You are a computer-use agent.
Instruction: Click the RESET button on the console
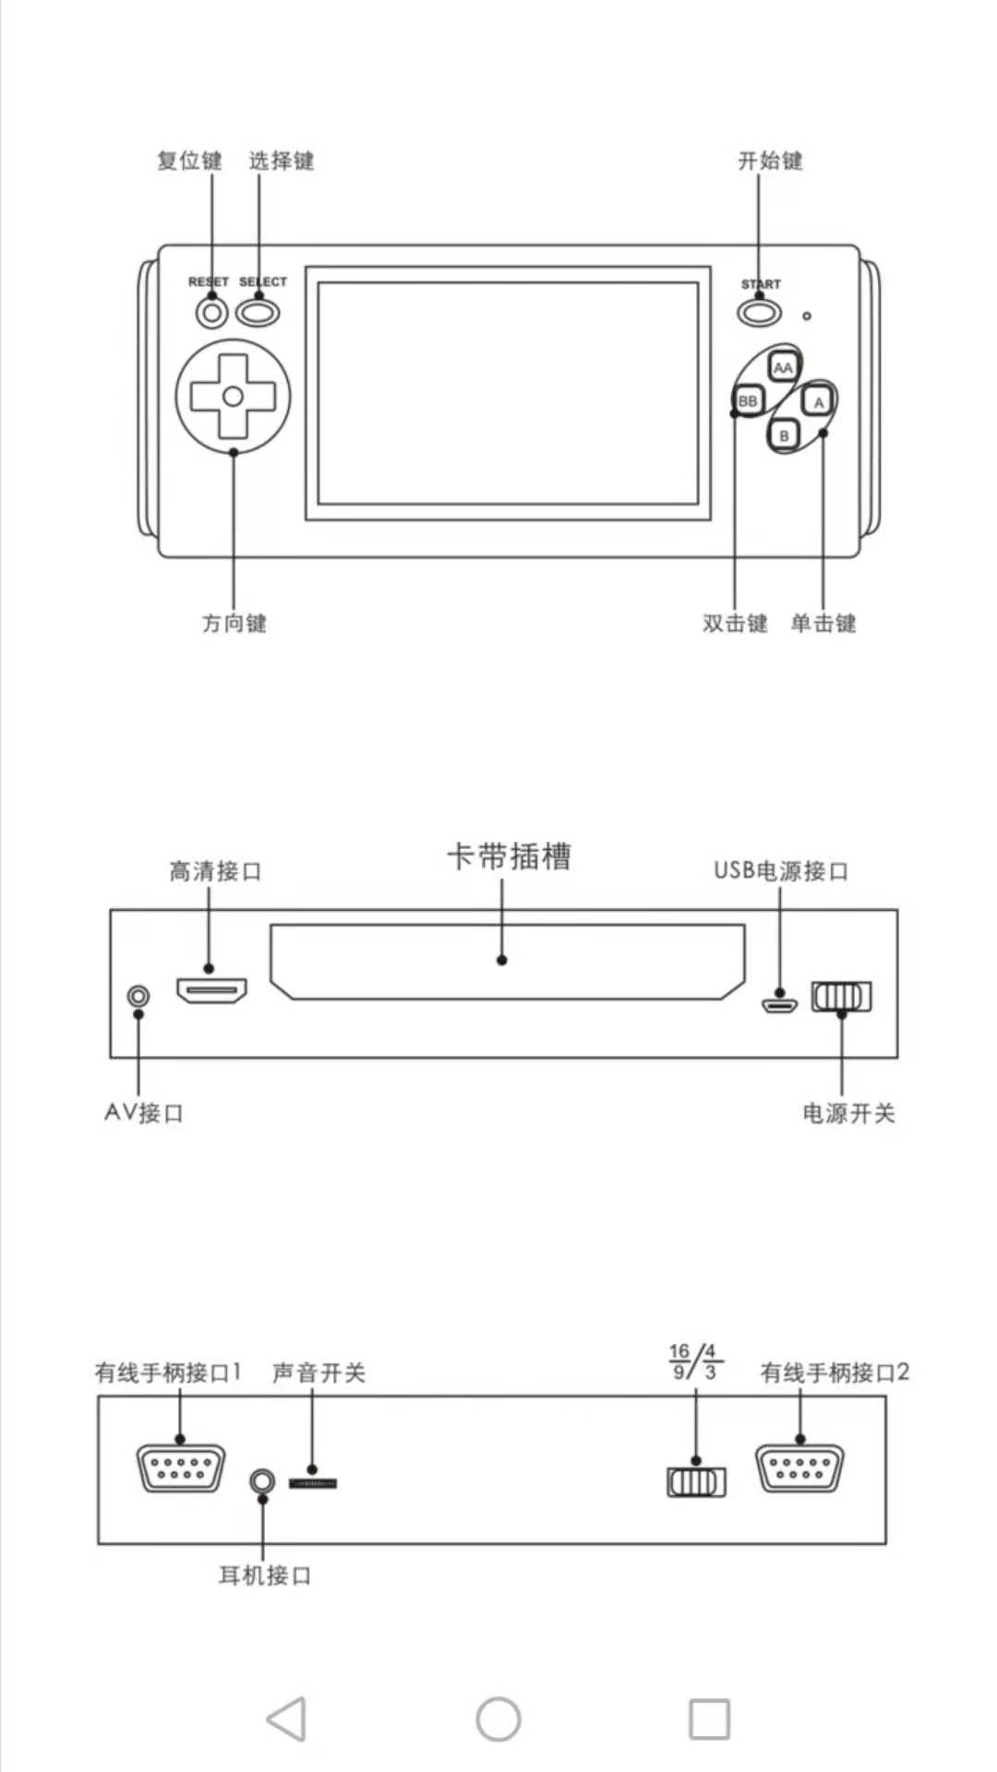click(212, 313)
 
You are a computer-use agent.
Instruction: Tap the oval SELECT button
click(258, 312)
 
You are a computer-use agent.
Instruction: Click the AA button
click(783, 367)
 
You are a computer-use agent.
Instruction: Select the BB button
click(748, 401)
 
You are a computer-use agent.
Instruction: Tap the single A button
click(818, 402)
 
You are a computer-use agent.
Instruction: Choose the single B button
click(784, 436)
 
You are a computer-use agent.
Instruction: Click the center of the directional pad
click(233, 397)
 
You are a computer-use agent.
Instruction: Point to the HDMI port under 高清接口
click(211, 991)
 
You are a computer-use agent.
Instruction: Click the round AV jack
click(138, 996)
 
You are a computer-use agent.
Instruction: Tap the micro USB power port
click(779, 1003)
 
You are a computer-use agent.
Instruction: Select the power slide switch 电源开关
click(841, 996)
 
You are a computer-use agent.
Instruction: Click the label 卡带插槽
click(509, 856)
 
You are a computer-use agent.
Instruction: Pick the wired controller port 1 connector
click(181, 1467)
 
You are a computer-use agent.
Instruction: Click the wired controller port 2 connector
click(799, 1467)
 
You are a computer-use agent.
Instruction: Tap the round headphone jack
click(262, 1480)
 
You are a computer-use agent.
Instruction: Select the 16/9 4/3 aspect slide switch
click(696, 1481)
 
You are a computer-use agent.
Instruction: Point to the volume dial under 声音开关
click(313, 1482)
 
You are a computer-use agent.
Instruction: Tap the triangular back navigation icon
click(287, 1718)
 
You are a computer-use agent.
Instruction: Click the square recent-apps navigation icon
click(709, 1718)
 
